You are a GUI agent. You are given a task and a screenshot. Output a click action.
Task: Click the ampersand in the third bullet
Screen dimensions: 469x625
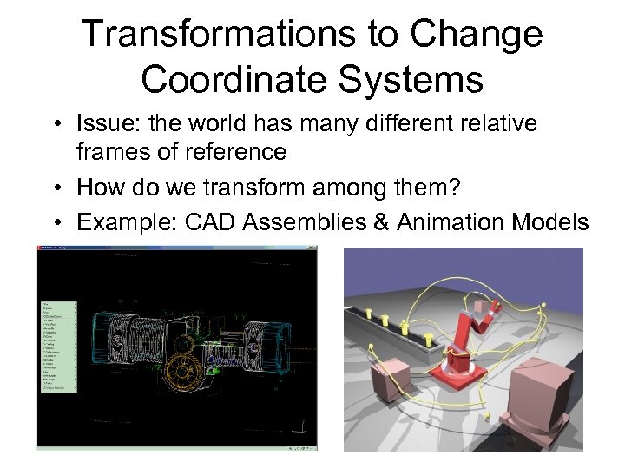click(x=378, y=223)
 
